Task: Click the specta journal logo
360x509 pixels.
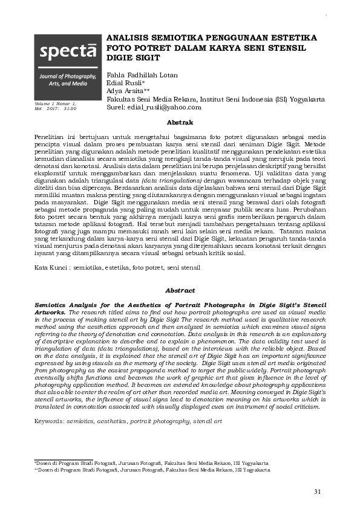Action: click(x=67, y=53)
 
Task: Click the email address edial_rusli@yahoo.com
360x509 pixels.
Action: click(x=165, y=106)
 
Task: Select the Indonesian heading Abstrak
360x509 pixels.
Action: click(x=179, y=123)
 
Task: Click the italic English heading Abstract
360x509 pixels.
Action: click(x=179, y=291)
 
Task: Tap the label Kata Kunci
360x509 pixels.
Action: click(x=50, y=267)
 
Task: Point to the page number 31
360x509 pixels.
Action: click(x=318, y=490)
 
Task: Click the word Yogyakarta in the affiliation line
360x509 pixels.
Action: click(x=304, y=99)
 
